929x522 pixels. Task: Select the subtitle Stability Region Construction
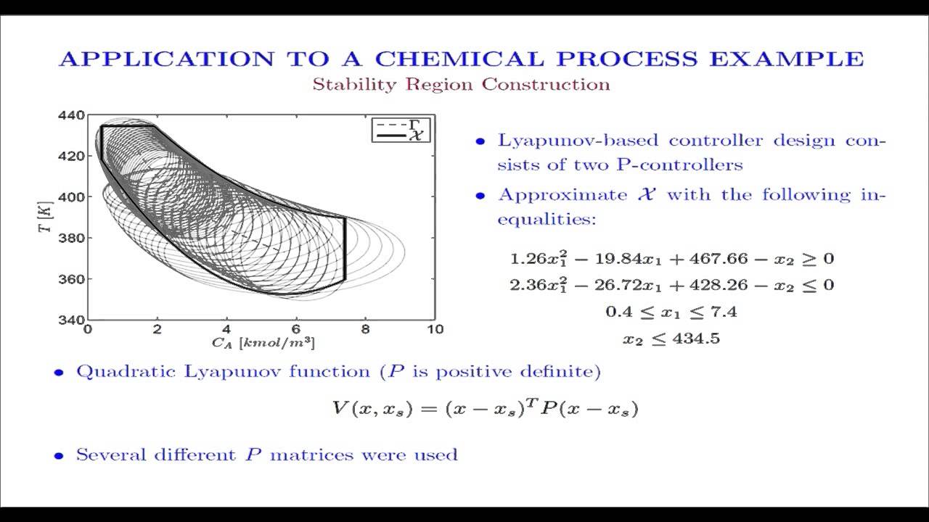461,85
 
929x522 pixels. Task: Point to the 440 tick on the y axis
75,115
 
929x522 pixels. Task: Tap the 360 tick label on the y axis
75,279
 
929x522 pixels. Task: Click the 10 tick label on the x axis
435,329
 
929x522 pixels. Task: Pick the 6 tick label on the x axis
296,329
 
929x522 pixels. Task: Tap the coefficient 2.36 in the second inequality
526,285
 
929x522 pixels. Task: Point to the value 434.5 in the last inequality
695,339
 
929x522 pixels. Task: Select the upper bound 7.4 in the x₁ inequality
726,312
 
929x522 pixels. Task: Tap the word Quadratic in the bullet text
116,373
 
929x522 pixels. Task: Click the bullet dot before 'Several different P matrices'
60,457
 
